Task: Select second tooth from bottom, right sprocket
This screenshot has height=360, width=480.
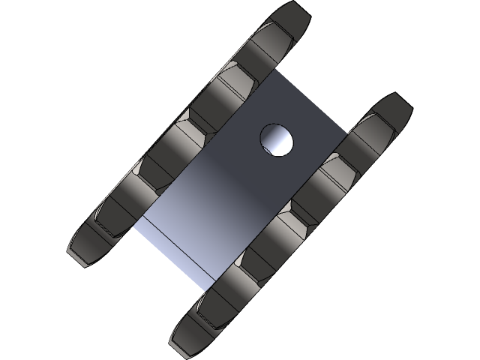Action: [217, 300]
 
